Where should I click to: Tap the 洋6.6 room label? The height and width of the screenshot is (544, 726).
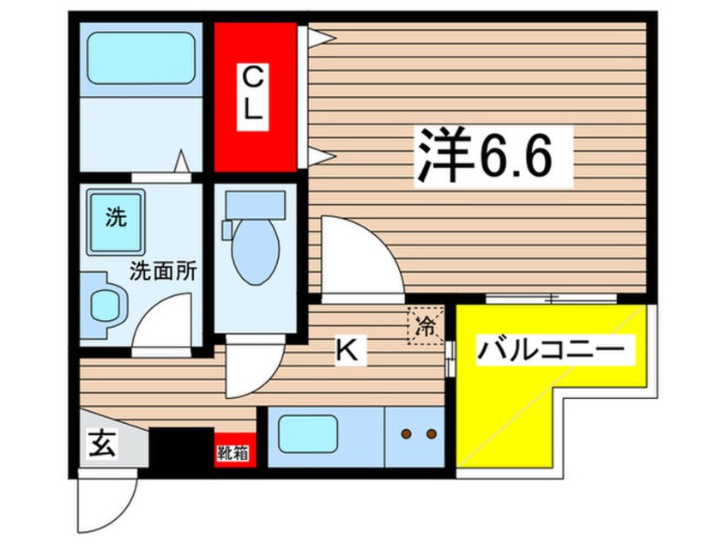(482, 154)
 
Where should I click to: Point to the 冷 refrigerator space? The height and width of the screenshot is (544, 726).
(425, 325)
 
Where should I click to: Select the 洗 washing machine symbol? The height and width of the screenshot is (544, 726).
(115, 220)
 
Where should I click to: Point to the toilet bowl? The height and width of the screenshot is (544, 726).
(254, 248)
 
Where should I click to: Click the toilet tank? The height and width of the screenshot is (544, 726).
(254, 206)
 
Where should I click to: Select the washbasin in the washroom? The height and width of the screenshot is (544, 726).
(106, 301)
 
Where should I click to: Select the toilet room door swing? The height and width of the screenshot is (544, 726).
(254, 369)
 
